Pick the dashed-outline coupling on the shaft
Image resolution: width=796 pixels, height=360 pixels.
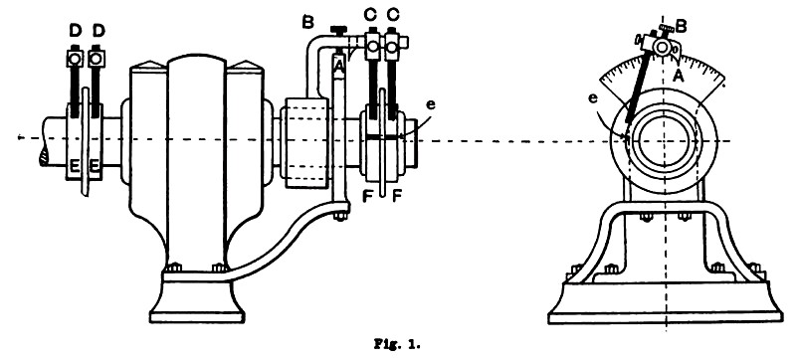coord(307,142)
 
